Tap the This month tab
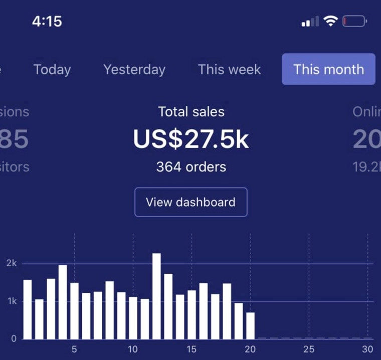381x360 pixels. point(328,69)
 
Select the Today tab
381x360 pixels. point(52,69)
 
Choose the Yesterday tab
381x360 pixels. point(134,69)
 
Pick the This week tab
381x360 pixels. point(229,69)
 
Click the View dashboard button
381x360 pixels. point(190,202)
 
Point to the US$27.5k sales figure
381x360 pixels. point(190,139)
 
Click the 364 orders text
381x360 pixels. point(190,166)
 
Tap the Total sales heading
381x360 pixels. point(191,111)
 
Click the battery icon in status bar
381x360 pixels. point(354,22)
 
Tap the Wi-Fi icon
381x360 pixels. point(330,21)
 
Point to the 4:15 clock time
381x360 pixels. point(47,21)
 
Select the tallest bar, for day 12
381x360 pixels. point(156,296)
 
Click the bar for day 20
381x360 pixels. point(250,325)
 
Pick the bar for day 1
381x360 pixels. point(28,309)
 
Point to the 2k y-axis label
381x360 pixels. point(12,263)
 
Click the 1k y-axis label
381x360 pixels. point(12,301)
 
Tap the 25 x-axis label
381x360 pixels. point(309,349)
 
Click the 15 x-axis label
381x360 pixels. point(192,349)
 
